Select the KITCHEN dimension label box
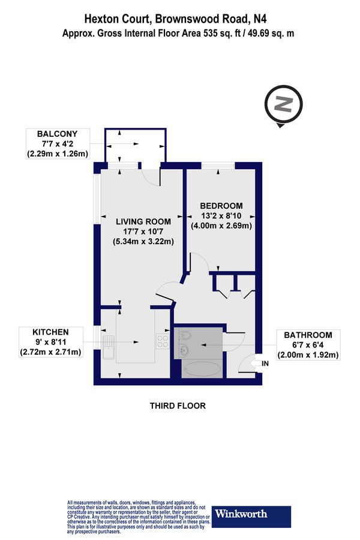coord(51,341)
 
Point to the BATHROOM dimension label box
coord(308,345)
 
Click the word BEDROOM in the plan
coord(221,205)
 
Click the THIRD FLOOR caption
coord(178,406)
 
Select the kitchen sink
coord(109,347)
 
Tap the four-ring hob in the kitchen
coord(162,341)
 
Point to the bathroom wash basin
coord(184,350)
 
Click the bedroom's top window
coord(217,165)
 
